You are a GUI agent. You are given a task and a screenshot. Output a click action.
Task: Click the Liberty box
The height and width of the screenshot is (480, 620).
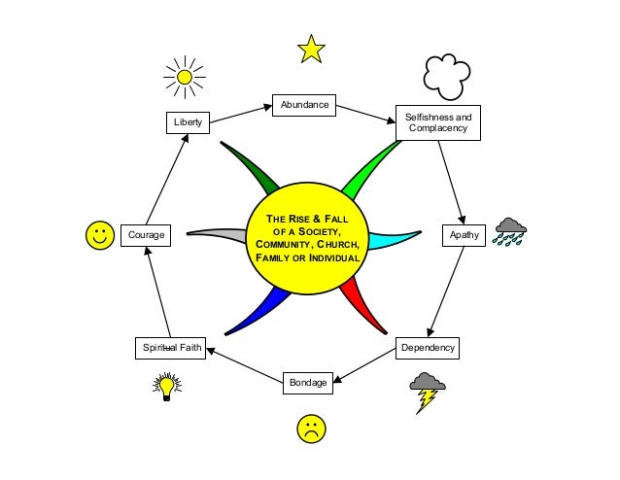click(187, 123)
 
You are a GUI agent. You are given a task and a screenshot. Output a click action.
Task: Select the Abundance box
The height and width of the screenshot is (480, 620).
click(304, 105)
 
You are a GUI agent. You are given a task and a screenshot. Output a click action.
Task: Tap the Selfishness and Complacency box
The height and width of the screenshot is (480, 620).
click(437, 122)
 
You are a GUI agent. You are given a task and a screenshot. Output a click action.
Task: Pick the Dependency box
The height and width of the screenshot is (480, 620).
click(428, 347)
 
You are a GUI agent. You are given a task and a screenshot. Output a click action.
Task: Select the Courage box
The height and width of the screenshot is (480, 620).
click(146, 235)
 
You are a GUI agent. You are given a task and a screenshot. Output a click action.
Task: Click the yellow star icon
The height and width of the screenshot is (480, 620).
click(311, 49)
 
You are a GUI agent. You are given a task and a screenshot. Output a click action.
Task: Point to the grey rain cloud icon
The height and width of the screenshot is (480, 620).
click(510, 231)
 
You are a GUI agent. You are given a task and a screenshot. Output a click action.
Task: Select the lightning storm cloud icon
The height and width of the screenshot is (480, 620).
click(427, 391)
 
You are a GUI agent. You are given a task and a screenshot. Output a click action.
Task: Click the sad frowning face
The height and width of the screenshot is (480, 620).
click(310, 429)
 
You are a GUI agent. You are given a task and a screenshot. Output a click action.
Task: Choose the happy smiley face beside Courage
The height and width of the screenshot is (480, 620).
click(100, 235)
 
